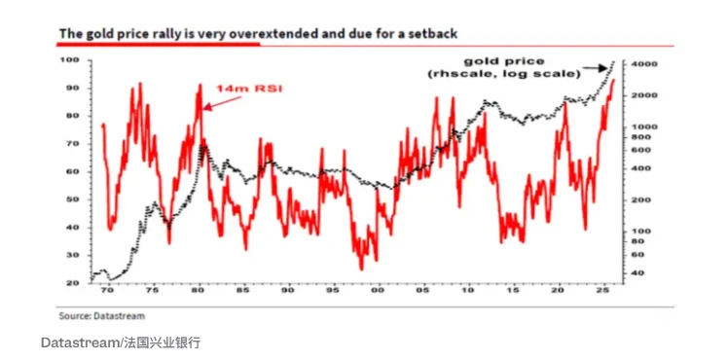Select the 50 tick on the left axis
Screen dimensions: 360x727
71,199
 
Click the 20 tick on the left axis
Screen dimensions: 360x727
71,283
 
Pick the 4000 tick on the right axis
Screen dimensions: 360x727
644,63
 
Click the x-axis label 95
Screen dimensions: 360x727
333,291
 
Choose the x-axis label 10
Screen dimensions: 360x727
468,291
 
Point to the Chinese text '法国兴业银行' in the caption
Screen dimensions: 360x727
157,343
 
